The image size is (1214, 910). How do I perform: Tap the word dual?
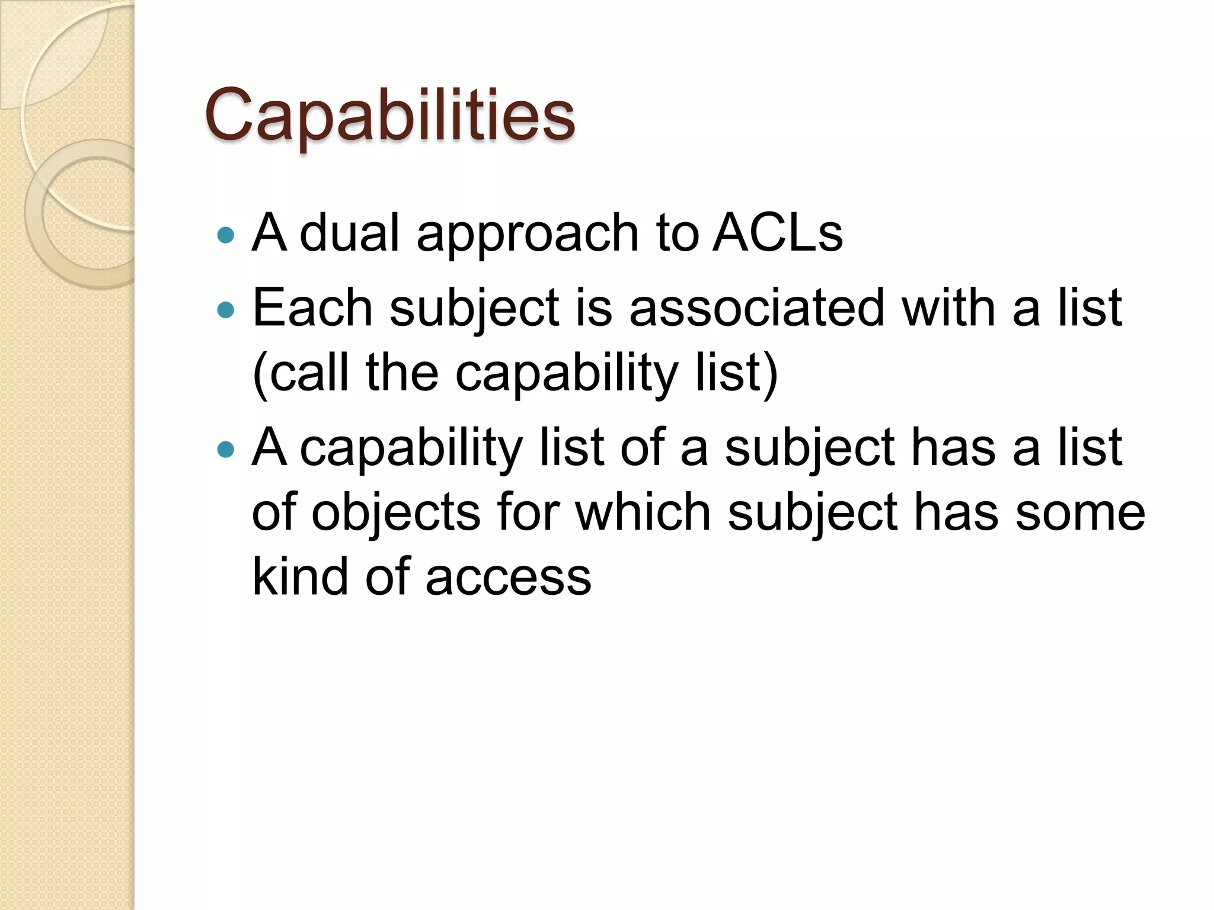[x=349, y=232]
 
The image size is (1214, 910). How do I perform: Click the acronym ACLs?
[x=777, y=232]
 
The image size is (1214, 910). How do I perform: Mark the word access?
[x=508, y=578]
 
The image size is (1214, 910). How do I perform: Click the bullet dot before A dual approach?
[x=226, y=236]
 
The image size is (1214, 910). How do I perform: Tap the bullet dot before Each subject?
[x=226, y=309]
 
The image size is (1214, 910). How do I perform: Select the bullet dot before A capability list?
[x=226, y=449]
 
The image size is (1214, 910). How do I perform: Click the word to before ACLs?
[x=676, y=232]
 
